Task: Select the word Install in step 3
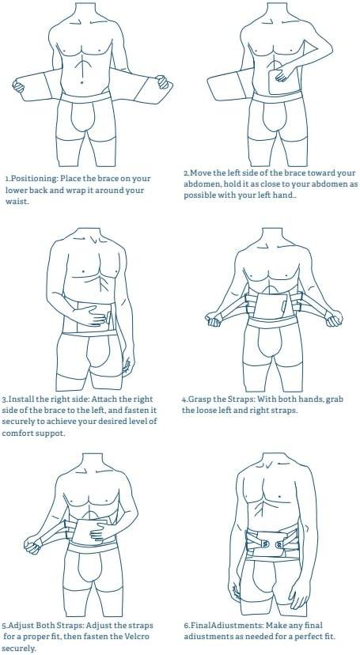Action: coord(21,399)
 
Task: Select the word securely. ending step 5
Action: coord(19,649)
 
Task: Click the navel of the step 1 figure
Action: coord(81,83)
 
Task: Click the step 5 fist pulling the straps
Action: coord(32,544)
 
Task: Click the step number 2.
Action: coord(186,173)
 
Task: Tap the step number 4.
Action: coord(184,399)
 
